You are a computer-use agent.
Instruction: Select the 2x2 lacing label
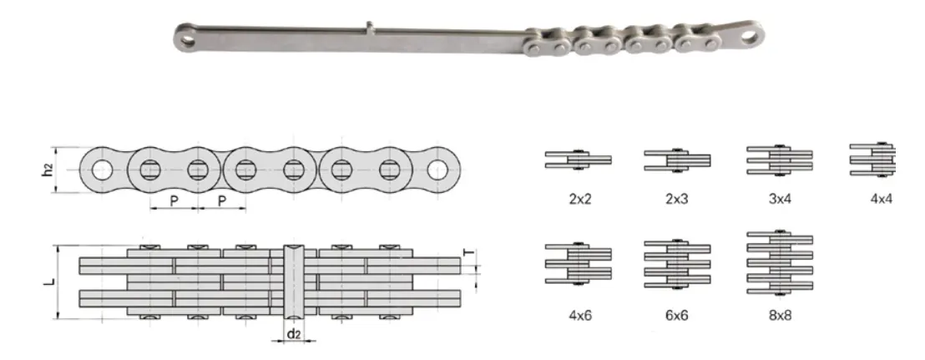tap(578, 201)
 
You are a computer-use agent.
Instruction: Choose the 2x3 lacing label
tap(676, 201)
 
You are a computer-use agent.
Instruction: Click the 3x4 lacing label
tap(777, 201)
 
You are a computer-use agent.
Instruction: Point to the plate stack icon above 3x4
tap(778, 160)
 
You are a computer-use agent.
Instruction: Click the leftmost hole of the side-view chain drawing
tap(102, 170)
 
